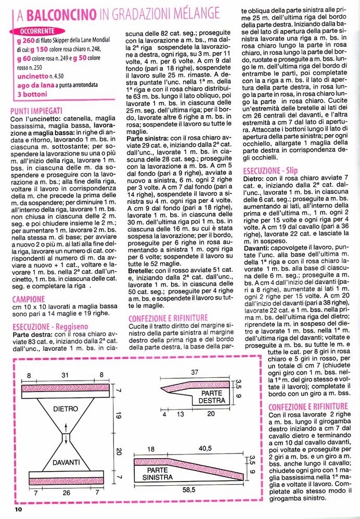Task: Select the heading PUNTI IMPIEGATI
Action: (36, 110)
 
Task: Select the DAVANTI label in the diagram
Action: (66, 462)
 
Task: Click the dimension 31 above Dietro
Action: (66, 375)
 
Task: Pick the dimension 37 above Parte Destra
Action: (194, 372)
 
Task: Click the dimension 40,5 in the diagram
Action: (207, 448)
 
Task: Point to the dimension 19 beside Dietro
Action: (119, 415)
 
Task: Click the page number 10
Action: (18, 509)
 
